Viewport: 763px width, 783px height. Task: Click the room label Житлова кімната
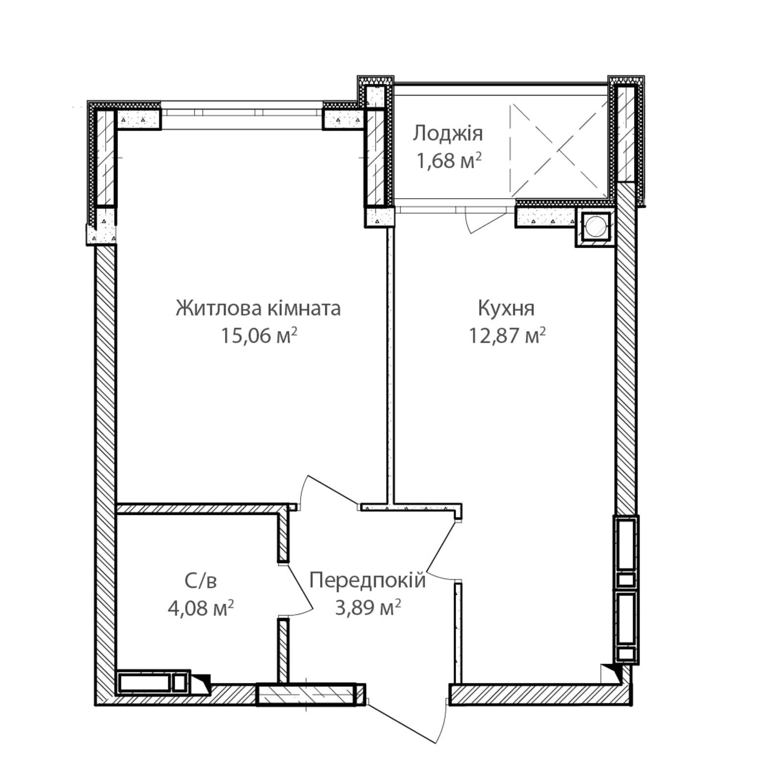(258, 308)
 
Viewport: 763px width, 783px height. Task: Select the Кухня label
(506, 308)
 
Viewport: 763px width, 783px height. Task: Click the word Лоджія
(447, 133)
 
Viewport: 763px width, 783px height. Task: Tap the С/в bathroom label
(201, 581)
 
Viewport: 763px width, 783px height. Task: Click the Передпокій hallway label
(368, 580)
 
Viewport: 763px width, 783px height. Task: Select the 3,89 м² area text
(368, 608)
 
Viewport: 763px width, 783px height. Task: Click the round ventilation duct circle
(595, 227)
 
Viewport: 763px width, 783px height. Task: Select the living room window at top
(242, 112)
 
